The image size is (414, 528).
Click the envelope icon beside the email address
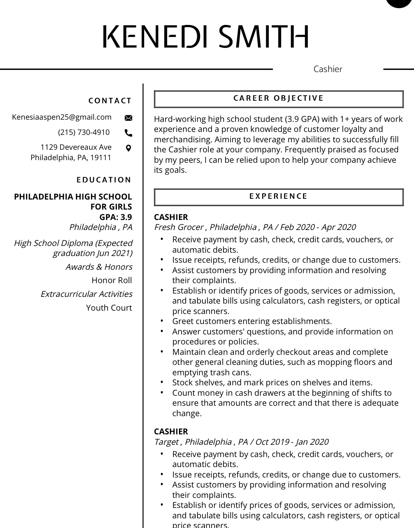tap(128, 118)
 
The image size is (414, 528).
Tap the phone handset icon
tap(128, 133)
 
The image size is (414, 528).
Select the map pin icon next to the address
tap(128, 148)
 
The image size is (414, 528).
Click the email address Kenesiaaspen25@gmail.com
tap(62, 117)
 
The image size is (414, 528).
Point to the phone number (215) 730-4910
tap(84, 132)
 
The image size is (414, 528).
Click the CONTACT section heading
tap(110, 101)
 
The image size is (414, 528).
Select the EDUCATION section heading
tap(104, 180)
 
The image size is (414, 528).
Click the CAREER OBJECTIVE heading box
tap(278, 99)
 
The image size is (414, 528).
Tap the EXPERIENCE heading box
tap(278, 197)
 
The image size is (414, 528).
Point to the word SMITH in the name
tap(264, 37)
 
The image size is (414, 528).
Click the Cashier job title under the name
tap(328, 69)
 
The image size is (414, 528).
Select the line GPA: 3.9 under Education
tap(115, 217)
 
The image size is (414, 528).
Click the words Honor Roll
tap(112, 281)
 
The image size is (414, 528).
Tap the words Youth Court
tap(109, 308)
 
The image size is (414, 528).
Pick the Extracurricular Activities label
tap(87, 294)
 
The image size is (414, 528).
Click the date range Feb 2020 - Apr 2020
tap(318, 227)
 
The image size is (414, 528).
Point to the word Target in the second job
tap(166, 442)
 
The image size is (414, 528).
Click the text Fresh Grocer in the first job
tap(179, 227)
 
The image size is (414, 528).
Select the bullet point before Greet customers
tap(162, 320)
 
